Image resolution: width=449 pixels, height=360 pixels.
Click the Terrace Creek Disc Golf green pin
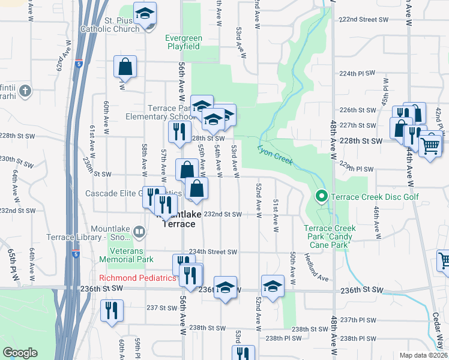[321, 196]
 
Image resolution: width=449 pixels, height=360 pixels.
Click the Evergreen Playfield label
[184, 42]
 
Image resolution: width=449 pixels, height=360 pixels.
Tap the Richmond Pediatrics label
[137, 278]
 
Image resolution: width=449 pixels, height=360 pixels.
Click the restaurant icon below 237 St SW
[112, 310]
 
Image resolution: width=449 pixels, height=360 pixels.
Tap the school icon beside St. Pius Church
[145, 14]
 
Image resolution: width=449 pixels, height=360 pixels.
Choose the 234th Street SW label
[213, 252]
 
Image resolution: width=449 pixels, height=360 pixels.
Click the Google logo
[20, 353]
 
